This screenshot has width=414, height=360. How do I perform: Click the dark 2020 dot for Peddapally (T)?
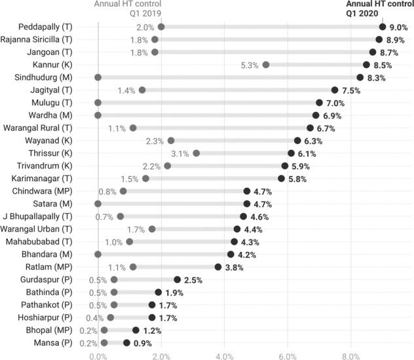point(383,27)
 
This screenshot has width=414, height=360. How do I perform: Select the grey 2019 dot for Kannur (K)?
point(265,65)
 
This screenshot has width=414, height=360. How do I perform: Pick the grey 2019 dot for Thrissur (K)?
point(196,153)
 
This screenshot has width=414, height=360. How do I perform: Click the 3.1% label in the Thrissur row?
point(179,153)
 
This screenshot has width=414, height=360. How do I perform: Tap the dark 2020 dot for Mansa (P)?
point(126,342)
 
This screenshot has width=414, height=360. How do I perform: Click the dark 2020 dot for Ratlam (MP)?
point(218,266)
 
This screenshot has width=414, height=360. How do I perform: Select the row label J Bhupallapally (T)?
point(44,216)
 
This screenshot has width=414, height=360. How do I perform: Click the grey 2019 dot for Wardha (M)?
point(98,115)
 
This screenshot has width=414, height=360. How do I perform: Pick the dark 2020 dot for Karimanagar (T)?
point(281,178)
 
